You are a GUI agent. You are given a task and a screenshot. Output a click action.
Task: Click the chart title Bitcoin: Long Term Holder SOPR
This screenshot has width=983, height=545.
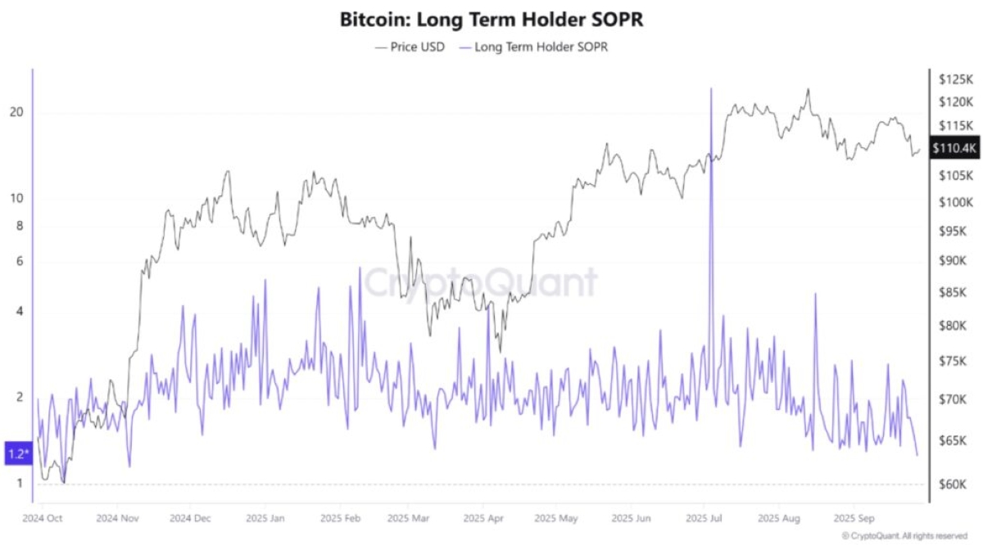[491, 20]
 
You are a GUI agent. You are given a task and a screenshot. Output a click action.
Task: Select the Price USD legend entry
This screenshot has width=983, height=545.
[410, 47]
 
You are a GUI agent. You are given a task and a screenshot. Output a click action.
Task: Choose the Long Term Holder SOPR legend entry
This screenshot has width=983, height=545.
[533, 47]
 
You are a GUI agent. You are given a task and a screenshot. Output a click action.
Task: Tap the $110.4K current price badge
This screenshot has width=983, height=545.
[954, 148]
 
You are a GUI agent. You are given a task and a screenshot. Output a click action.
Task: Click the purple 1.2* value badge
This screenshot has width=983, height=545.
[18, 453]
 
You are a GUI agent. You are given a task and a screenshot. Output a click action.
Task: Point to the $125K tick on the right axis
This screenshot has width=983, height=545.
[955, 79]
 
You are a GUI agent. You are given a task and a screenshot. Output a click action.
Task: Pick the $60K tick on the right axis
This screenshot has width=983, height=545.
[953, 484]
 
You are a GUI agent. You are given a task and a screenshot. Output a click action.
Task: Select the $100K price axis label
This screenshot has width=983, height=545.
[955, 202]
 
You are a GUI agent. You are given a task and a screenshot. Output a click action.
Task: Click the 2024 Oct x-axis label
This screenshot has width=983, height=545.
[43, 518]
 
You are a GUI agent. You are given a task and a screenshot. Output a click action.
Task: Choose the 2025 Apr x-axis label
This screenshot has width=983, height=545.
[484, 518]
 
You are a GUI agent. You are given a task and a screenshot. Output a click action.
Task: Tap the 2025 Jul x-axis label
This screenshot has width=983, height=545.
[704, 518]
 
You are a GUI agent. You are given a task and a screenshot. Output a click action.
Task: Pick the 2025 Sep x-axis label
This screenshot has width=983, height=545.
[854, 518]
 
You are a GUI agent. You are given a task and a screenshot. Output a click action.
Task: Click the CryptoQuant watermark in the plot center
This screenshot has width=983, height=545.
[480, 283]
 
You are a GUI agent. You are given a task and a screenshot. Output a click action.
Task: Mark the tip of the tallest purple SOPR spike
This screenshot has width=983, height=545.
[711, 88]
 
